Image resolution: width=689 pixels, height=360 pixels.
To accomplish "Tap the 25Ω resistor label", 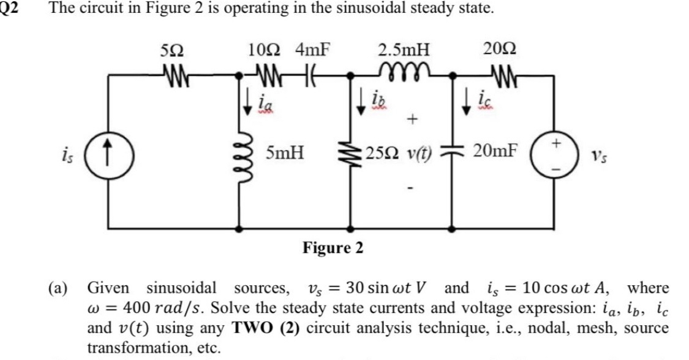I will click(x=375, y=151).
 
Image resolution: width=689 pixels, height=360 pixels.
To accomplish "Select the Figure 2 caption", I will click(x=334, y=248).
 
